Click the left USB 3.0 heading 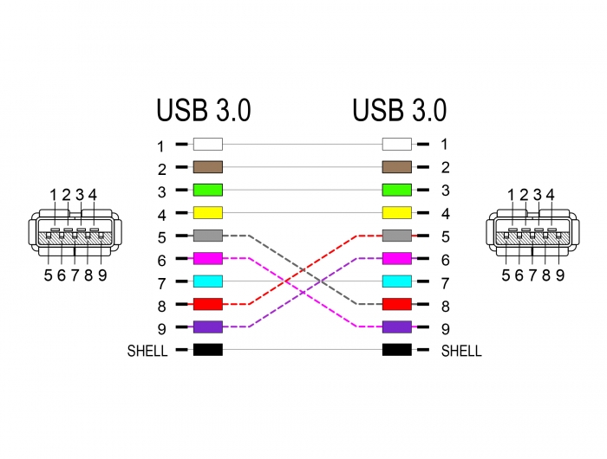(x=204, y=110)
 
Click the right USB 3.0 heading (x=400, y=110)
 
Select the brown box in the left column (x=208, y=167)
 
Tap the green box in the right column (x=397, y=190)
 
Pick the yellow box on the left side (x=208, y=213)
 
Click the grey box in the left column (x=208, y=236)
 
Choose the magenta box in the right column (x=397, y=258)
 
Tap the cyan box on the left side (x=208, y=281)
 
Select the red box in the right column (x=397, y=304)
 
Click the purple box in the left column (x=208, y=326)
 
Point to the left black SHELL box (x=208, y=350)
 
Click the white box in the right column (x=397, y=144)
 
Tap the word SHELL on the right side (x=461, y=351)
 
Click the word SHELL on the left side (x=147, y=351)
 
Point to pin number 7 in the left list (x=162, y=283)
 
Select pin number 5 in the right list (x=446, y=236)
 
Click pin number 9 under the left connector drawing (x=102, y=275)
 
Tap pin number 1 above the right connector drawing (x=511, y=195)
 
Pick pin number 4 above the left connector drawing (x=93, y=195)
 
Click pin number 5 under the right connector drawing (x=506, y=275)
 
